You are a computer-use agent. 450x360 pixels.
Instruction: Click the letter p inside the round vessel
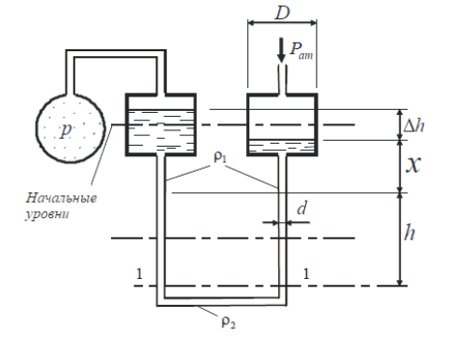coord(66,129)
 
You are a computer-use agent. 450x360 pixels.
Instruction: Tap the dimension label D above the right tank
coord(282,13)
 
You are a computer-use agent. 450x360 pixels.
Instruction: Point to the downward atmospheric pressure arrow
coord(281,50)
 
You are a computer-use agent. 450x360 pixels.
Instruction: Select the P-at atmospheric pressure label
coord(301,50)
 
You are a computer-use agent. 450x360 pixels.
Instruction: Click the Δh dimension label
coord(414,125)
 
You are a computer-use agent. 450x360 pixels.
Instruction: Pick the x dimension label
coord(413,165)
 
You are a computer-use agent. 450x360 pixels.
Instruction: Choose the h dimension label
coord(409,233)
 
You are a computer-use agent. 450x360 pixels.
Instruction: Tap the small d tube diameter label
coord(301,208)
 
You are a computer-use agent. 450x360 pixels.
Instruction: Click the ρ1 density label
coord(220,157)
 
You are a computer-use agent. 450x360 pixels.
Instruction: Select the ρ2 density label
coord(229,322)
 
